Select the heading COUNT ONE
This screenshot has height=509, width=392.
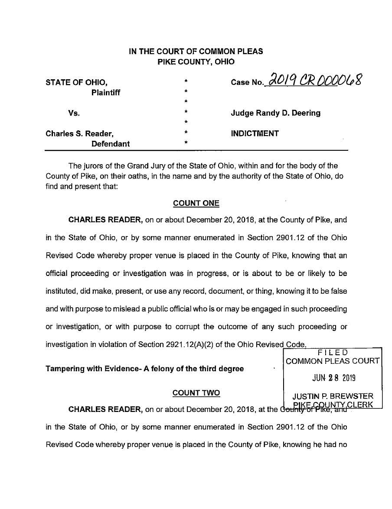click(196, 203)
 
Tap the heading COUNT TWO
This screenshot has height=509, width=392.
click(196, 393)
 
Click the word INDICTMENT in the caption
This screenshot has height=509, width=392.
click(255, 133)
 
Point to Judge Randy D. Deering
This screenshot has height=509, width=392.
click(275, 113)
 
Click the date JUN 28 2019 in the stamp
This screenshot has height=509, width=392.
click(333, 378)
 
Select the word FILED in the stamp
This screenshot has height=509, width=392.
click(333, 353)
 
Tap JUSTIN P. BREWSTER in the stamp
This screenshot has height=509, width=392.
click(333, 396)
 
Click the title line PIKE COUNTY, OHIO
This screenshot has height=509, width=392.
click(196, 62)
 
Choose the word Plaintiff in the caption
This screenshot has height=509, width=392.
click(106, 93)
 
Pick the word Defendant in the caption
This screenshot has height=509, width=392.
click(110, 144)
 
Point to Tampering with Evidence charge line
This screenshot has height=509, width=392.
click(144, 369)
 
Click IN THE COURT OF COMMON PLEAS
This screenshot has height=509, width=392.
click(196, 51)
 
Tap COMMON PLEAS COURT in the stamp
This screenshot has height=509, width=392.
click(333, 361)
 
